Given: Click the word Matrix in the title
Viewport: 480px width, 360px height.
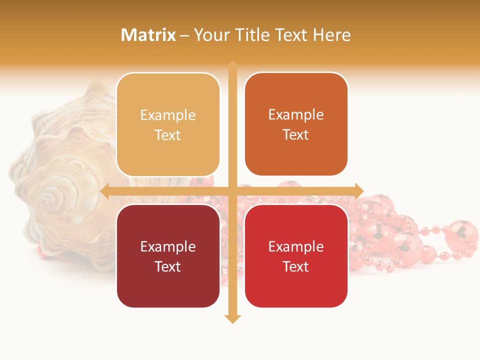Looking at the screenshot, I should click(148, 35).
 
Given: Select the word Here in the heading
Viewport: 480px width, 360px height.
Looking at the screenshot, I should click(331, 35).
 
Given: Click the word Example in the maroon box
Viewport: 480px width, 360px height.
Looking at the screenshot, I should click(168, 246).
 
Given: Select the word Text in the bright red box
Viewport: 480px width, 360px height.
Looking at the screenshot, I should click(296, 266).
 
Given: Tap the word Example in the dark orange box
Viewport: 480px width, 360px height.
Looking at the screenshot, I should click(296, 114).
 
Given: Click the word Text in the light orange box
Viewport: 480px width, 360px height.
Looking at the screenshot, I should click(168, 135).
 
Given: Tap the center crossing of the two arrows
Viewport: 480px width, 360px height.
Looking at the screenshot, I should click(232, 191).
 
